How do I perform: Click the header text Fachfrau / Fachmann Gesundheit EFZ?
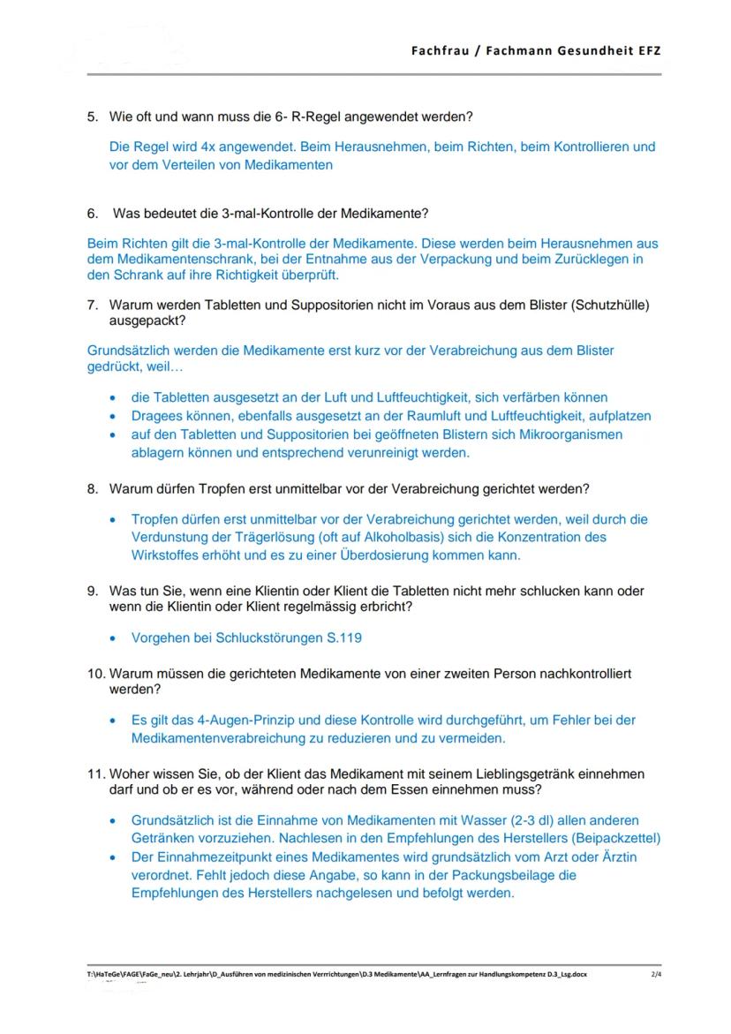click(x=535, y=50)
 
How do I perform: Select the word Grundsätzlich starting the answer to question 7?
click(x=130, y=351)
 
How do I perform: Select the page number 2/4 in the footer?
click(x=655, y=974)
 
